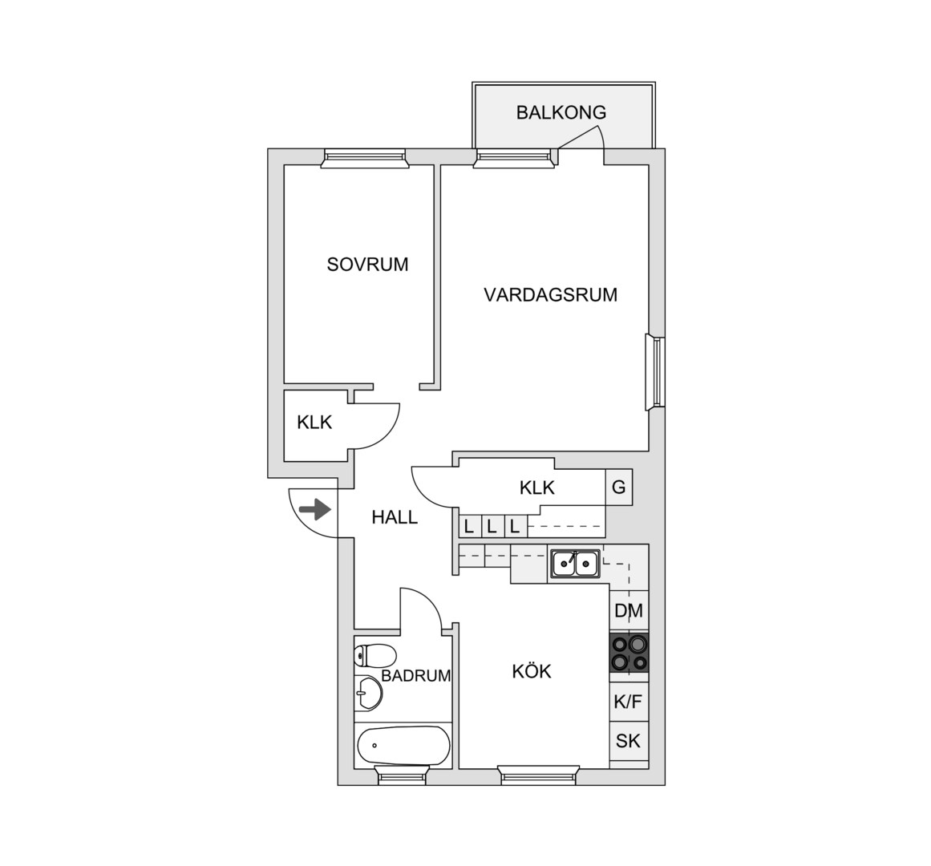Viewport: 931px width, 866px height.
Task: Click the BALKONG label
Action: point(561,112)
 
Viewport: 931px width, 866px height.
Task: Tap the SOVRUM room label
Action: point(367,264)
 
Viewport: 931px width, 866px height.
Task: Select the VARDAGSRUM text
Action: point(550,295)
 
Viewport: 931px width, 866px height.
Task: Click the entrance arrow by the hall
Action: point(314,509)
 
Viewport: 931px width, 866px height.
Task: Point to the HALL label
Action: point(395,517)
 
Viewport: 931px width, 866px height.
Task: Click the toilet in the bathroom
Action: point(374,656)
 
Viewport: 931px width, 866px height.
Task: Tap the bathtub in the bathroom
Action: point(403,746)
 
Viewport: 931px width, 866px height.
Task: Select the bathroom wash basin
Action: point(368,692)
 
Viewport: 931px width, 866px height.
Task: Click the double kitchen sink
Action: point(575,563)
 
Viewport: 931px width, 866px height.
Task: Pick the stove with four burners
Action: point(629,653)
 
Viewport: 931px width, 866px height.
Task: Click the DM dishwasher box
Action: point(629,611)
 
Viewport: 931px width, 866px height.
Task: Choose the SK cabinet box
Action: point(629,742)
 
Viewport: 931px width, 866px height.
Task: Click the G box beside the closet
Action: point(619,488)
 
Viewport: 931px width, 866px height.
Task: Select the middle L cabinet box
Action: point(492,526)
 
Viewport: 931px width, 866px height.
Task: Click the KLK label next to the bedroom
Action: point(314,423)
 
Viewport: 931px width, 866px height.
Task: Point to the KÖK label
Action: point(532,672)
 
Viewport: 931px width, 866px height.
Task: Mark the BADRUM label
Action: point(415,676)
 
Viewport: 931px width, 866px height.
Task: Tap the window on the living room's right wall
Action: point(655,372)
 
